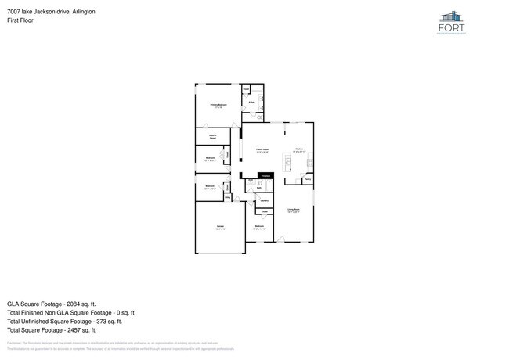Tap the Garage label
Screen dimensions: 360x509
220,228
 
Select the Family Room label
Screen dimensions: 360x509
262,149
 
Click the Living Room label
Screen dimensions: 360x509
293,209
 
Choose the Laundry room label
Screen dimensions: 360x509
265,200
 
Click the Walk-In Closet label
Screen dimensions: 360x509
212,137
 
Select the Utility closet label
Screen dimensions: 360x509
227,197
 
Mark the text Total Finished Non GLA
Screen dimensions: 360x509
43,312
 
